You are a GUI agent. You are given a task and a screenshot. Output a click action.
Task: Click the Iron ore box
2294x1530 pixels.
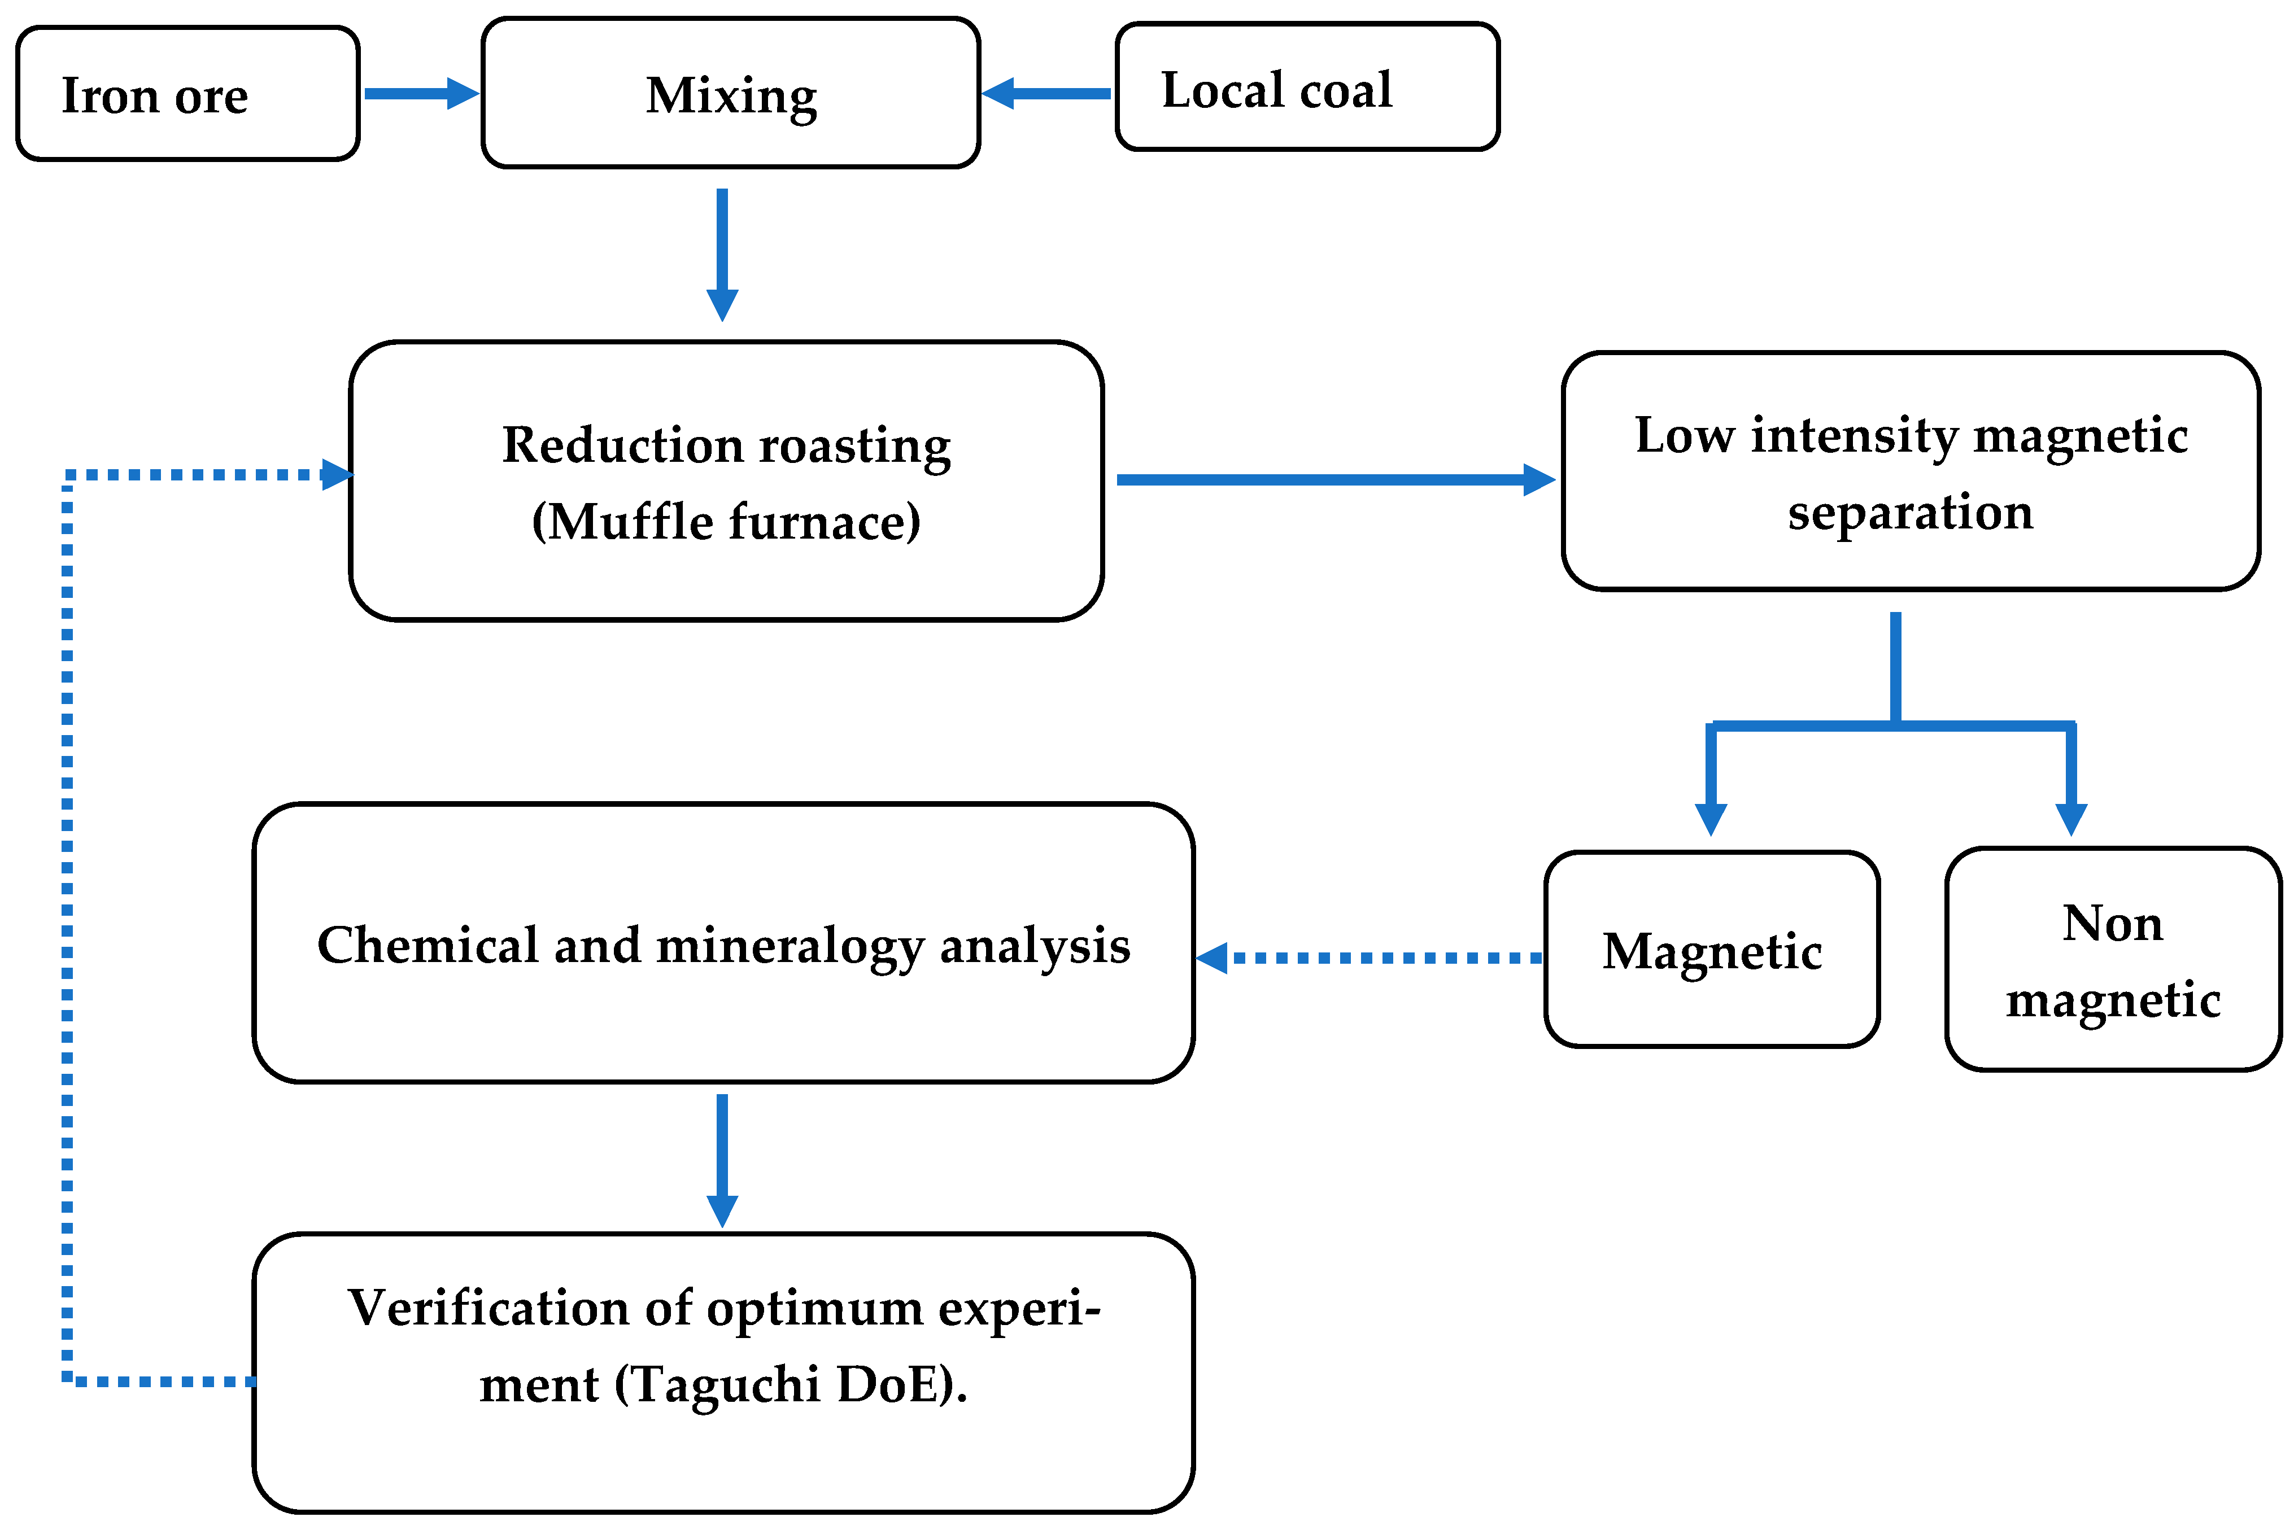[x=187, y=94]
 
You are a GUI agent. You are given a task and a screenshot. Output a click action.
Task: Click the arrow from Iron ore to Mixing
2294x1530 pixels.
[x=420, y=94]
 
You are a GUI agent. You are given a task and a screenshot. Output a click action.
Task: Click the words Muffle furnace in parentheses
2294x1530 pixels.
[x=726, y=521]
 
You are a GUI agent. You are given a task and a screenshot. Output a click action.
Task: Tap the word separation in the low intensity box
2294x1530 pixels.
[x=1909, y=512]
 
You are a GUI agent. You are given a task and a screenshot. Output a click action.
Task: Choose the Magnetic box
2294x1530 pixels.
[x=1712, y=950]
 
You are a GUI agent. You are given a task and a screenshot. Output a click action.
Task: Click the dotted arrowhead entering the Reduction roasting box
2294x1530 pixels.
[x=337, y=475]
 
